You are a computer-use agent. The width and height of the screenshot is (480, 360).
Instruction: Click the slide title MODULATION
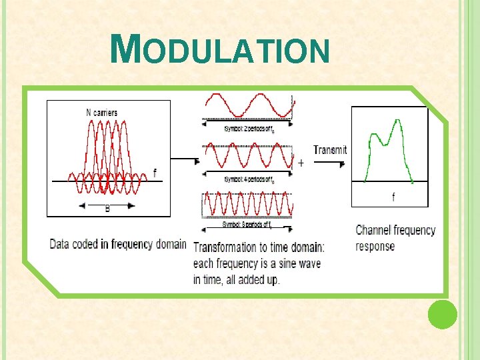coord(220,51)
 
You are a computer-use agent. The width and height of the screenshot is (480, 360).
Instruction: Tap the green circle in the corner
coord(442,314)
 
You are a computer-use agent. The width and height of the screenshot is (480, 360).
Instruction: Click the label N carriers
coord(102,113)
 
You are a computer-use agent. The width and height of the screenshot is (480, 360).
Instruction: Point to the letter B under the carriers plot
coord(107,208)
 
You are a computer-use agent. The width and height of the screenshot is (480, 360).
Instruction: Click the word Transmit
coord(330,150)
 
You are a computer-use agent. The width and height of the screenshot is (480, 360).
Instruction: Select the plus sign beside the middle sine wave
coord(301,163)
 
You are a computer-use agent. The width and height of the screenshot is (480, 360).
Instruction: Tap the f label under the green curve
coord(393,197)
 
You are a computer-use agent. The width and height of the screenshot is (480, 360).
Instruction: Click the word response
coord(375,247)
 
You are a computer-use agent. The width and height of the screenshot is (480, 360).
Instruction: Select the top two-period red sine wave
coord(248,105)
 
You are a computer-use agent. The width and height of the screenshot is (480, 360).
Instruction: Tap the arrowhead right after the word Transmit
coord(343,163)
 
